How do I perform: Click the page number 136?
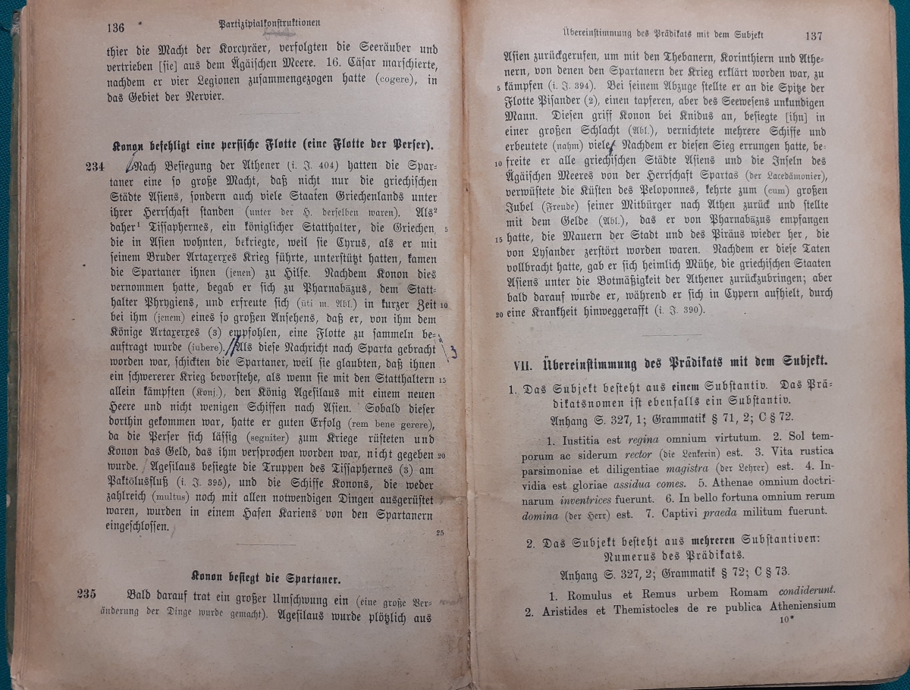115,28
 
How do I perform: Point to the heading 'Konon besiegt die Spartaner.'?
265,576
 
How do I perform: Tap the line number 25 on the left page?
440,532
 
